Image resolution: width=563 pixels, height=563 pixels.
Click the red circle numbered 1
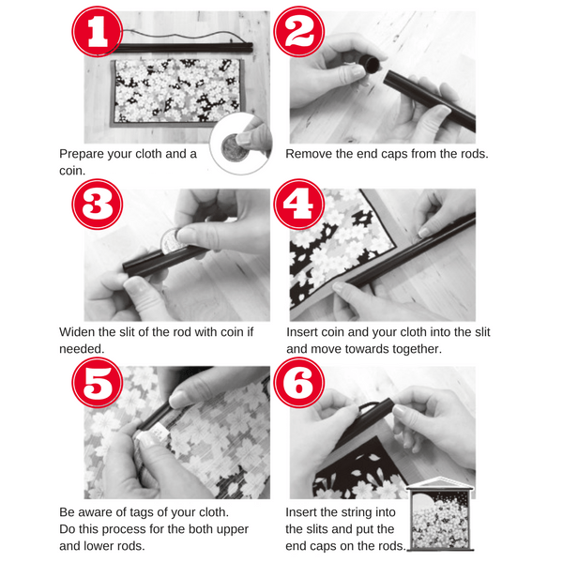click(98, 32)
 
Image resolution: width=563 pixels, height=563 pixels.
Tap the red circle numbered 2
click(299, 32)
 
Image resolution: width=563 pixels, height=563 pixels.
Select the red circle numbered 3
click(98, 205)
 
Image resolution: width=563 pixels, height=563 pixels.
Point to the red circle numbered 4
click(299, 205)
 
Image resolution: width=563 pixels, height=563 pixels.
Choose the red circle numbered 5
click(98, 383)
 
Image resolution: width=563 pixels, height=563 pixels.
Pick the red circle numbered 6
click(299, 383)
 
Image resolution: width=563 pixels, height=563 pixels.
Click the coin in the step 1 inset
click(234, 147)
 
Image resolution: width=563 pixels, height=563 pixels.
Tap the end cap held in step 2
click(370, 64)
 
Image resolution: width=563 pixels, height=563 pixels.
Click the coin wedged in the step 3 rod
click(171, 239)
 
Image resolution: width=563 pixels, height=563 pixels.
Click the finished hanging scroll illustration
click(440, 514)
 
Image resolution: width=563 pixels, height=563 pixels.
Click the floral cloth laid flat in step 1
click(177, 92)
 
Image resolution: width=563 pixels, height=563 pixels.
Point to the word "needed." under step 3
click(82, 349)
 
